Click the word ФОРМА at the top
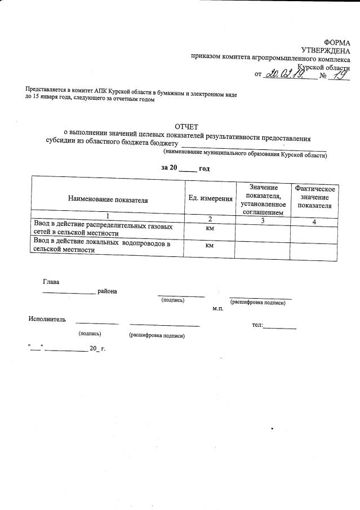pyautogui.click(x=337, y=43)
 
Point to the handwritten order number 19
pyautogui.click(x=338, y=74)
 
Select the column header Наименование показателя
pyautogui.click(x=108, y=199)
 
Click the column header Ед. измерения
pyautogui.click(x=210, y=199)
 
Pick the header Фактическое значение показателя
pyautogui.click(x=315, y=197)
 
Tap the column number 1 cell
pyautogui.click(x=107, y=216)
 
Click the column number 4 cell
pyautogui.click(x=314, y=221)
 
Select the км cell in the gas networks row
pyautogui.click(x=210, y=229)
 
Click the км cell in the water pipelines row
pyautogui.click(x=210, y=246)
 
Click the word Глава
pyautogui.click(x=51, y=281)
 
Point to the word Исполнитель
pyautogui.click(x=47, y=320)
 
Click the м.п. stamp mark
pyautogui.click(x=218, y=309)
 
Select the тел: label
pyautogui.click(x=257, y=326)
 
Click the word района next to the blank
pyautogui.click(x=107, y=291)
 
